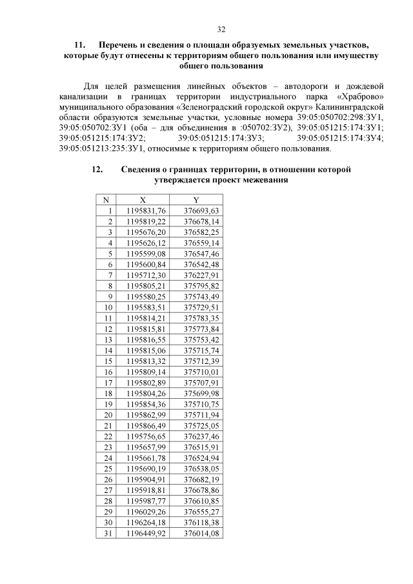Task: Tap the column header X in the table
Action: point(143,200)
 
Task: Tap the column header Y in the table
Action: point(196,200)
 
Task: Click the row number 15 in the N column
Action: point(108,361)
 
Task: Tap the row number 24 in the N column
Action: point(108,457)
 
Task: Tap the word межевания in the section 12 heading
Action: point(263,181)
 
